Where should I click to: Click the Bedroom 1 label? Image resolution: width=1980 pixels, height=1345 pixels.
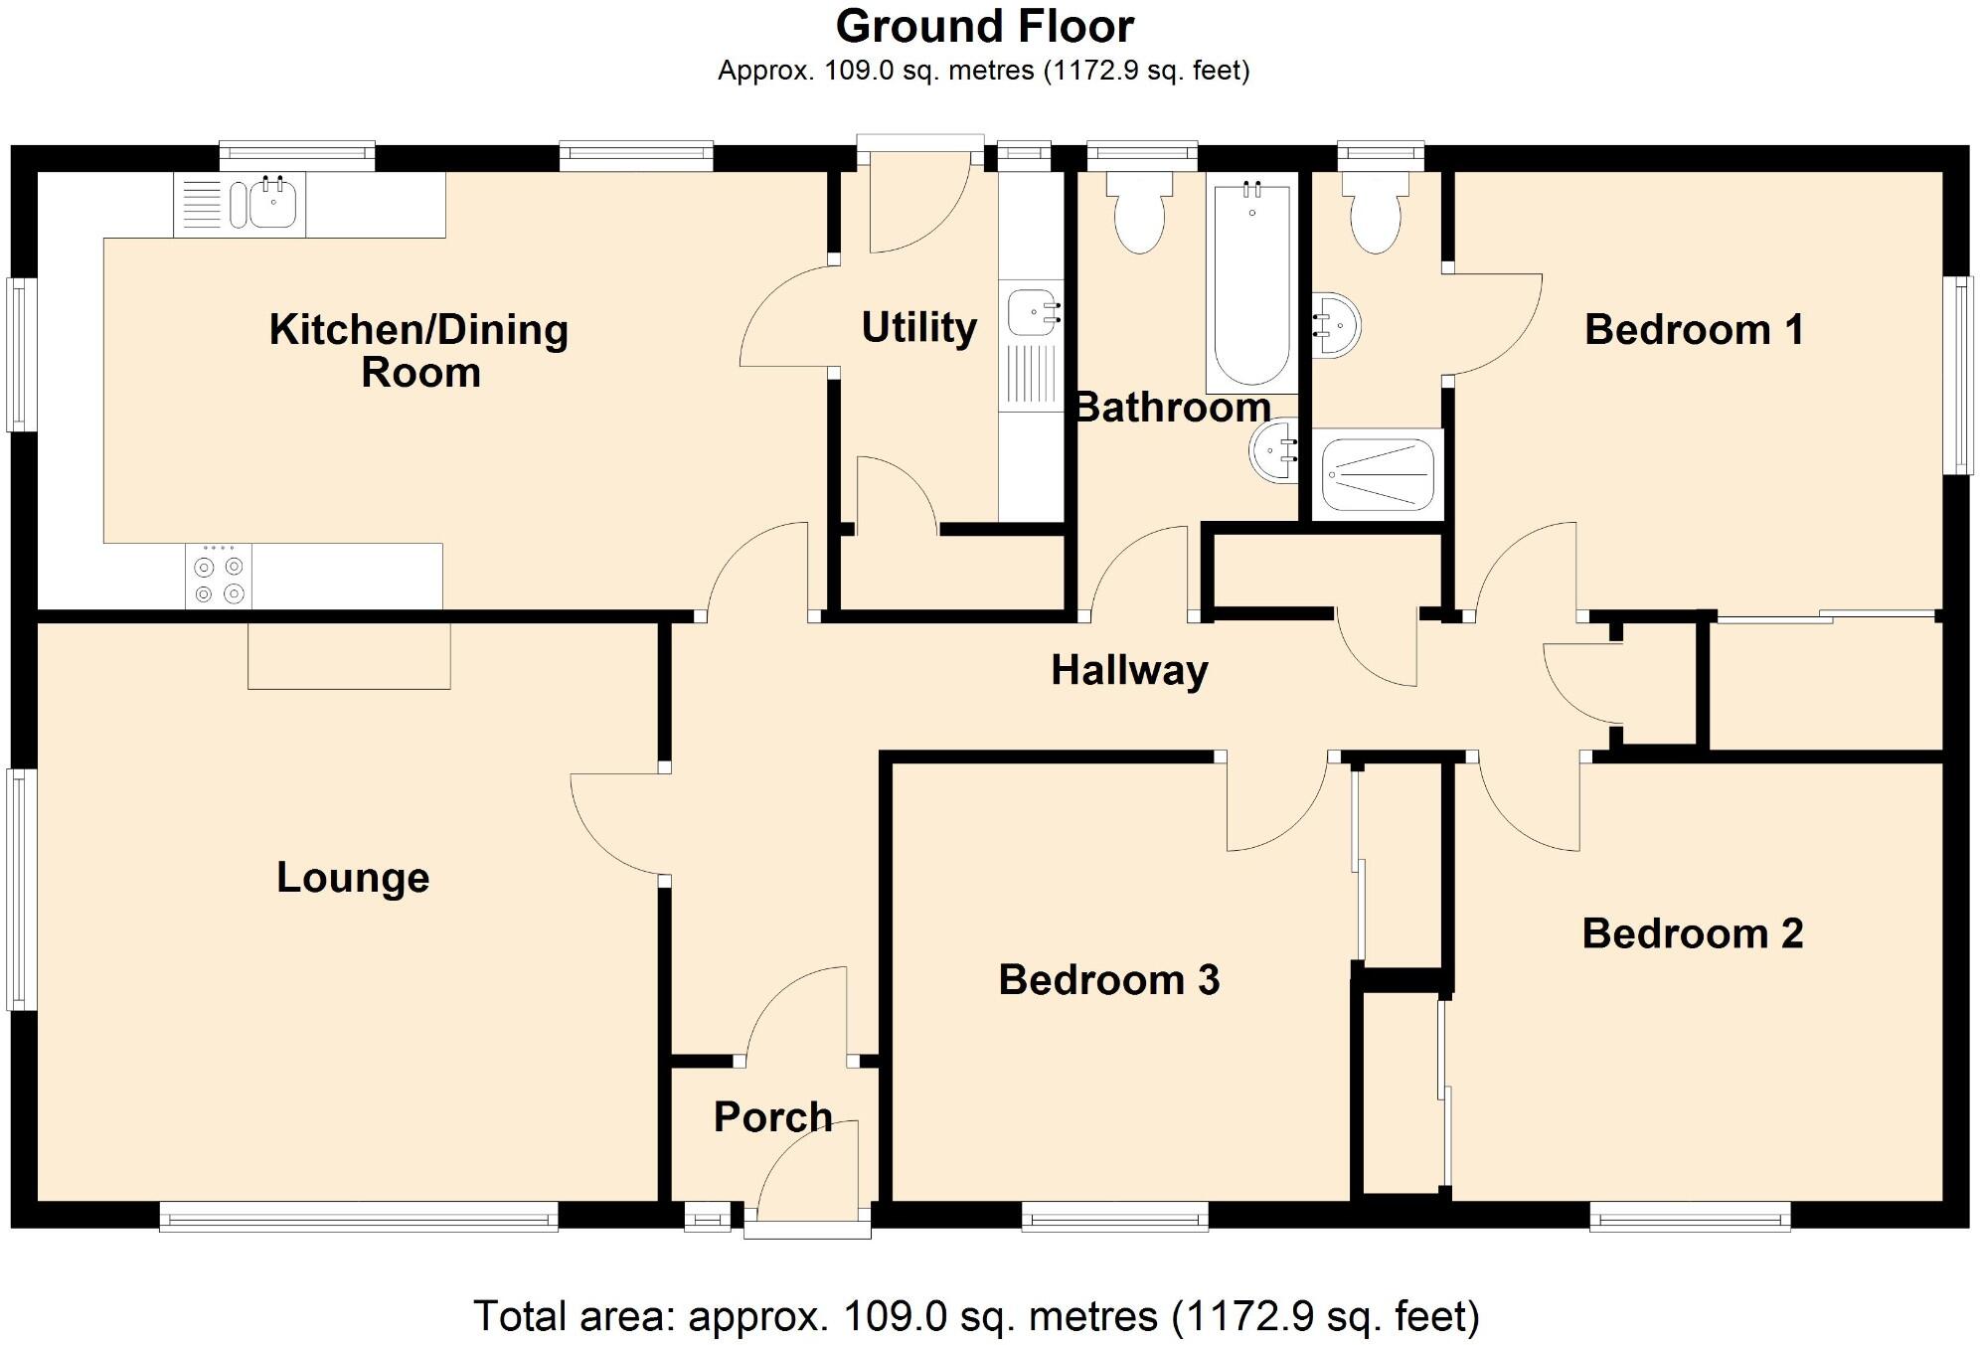point(1694,330)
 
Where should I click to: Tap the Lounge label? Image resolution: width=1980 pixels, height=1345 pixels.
point(353,878)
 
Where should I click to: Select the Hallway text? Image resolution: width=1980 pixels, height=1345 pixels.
point(1129,671)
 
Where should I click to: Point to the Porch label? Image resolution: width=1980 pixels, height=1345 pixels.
point(772,1117)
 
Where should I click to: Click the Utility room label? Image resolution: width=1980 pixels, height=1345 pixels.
point(918,328)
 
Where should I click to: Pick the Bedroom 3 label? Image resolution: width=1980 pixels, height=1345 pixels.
point(1108,980)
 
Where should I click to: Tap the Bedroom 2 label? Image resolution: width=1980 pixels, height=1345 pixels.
point(1692,933)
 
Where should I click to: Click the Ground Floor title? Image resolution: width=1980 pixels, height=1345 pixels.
point(984,27)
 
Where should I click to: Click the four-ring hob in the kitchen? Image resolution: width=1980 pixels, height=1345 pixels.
point(219,576)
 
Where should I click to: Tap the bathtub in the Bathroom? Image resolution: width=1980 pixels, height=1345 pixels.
point(1251,282)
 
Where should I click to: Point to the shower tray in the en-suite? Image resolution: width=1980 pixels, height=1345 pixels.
point(1378,474)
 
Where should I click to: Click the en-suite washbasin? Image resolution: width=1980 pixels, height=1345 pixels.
point(1336,324)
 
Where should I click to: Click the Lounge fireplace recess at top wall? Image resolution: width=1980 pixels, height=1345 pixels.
point(349,655)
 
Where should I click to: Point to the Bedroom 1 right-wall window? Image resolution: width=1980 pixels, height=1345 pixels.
point(1957,375)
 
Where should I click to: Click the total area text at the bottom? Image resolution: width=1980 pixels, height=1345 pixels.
point(976,1316)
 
